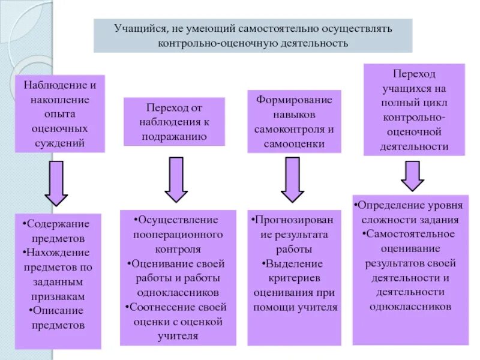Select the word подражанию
(174, 136)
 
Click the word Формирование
(293, 100)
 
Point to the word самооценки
(293, 143)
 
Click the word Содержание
(59, 224)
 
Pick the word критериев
(293, 278)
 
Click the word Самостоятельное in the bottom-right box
(411, 233)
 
